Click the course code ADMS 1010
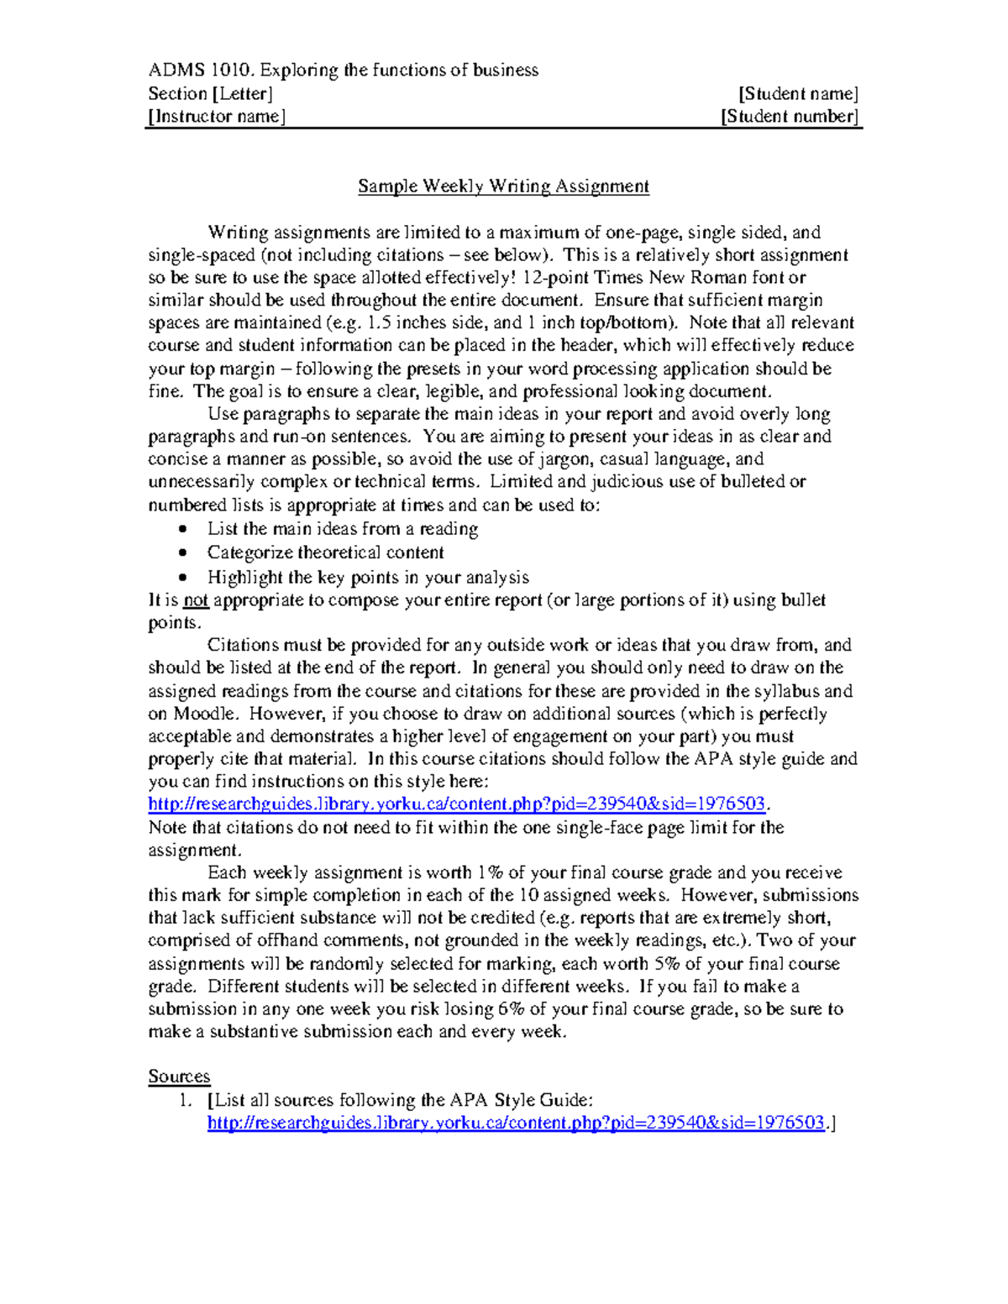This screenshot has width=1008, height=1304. click(x=198, y=70)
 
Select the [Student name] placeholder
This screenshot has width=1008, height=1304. click(x=798, y=93)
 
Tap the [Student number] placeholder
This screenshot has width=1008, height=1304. click(x=790, y=116)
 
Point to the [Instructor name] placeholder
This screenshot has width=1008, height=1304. click(x=217, y=116)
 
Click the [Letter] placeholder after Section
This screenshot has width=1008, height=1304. click(x=243, y=93)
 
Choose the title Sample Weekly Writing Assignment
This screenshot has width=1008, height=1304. click(x=503, y=186)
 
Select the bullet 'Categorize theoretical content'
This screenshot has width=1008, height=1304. click(x=325, y=552)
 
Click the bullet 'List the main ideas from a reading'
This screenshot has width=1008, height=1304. click(x=342, y=529)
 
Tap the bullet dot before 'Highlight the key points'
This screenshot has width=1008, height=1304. click(x=183, y=578)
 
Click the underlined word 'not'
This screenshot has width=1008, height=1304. click(x=196, y=600)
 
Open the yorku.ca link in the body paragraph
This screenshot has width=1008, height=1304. click(x=456, y=804)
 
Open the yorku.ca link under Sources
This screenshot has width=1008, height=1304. click(x=515, y=1123)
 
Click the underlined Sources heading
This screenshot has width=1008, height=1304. click(x=179, y=1076)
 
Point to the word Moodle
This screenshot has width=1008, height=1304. click(x=205, y=714)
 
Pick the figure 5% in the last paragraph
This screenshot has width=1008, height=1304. click(x=667, y=964)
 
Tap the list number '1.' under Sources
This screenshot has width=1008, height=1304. click(x=186, y=1100)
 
